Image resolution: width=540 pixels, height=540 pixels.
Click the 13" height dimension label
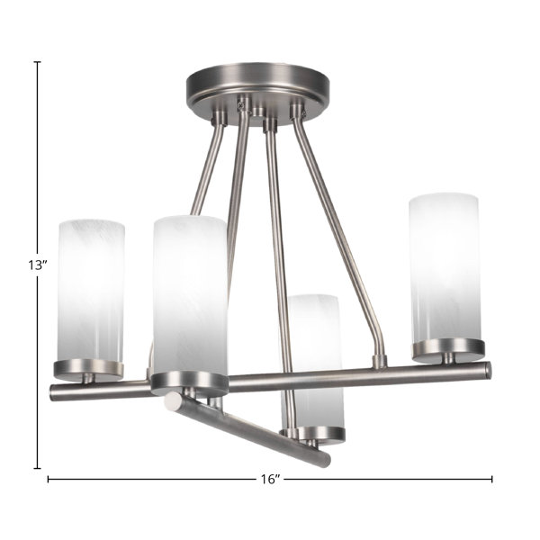coord(37,265)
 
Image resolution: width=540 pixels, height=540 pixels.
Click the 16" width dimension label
coord(270,480)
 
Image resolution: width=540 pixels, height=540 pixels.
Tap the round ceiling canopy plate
coord(257,93)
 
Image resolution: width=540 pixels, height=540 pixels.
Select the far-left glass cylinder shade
coord(91,291)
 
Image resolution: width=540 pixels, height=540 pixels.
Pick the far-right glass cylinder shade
coord(445,268)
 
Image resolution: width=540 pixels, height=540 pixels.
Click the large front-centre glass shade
coord(190,295)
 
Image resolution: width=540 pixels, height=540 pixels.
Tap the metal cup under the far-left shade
coord(88,370)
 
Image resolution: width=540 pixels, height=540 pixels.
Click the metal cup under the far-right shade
coord(448,347)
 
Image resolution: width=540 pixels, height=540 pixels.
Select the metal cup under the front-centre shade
coord(190,383)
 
